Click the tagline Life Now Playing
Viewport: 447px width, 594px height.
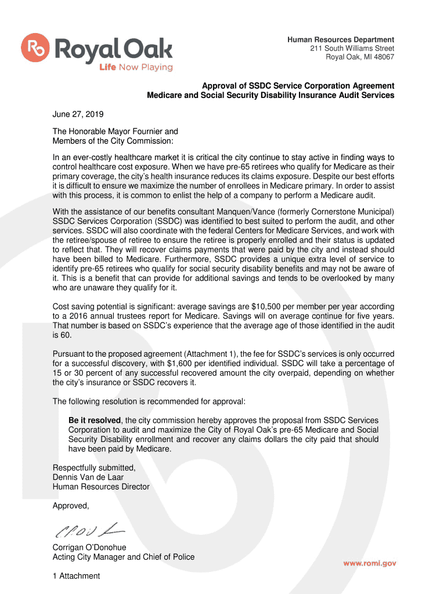[136, 67]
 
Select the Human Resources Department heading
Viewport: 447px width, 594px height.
[341, 39]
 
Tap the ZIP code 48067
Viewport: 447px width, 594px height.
[384, 57]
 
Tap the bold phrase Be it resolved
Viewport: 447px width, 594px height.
[94, 420]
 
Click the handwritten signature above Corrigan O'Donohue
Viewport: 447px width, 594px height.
[89, 530]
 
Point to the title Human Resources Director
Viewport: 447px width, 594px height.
[101, 487]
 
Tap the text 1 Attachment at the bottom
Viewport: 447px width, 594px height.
[76, 576]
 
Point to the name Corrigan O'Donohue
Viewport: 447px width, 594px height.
[89, 547]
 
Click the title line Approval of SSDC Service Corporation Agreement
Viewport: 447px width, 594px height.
[298, 86]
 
